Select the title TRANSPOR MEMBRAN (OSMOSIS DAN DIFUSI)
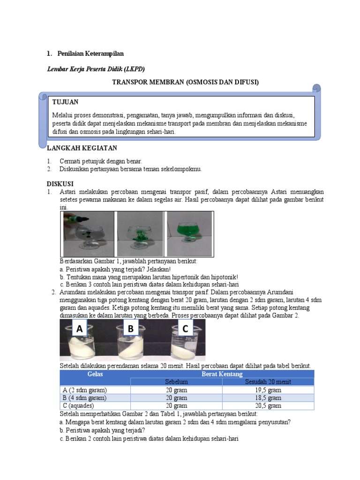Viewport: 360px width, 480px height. [x=185, y=82]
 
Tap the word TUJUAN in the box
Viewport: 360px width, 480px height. [x=65, y=102]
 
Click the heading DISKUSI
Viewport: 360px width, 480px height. [x=60, y=183]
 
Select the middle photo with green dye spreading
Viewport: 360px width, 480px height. [x=140, y=233]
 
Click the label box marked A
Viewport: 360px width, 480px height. [x=80, y=330]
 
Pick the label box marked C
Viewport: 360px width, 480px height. [x=185, y=330]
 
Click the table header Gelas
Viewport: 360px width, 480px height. [x=95, y=374]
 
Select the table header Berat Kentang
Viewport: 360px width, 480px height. [x=222, y=374]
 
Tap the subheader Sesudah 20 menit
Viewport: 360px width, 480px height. [x=268, y=382]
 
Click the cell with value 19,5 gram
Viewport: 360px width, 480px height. [x=268, y=390]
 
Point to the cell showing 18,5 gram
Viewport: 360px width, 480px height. [x=268, y=398]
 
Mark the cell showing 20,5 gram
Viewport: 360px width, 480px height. [x=268, y=406]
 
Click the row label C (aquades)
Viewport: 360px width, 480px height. [x=78, y=406]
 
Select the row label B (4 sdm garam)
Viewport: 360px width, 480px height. [x=84, y=398]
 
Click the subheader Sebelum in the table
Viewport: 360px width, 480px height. [x=176, y=382]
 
